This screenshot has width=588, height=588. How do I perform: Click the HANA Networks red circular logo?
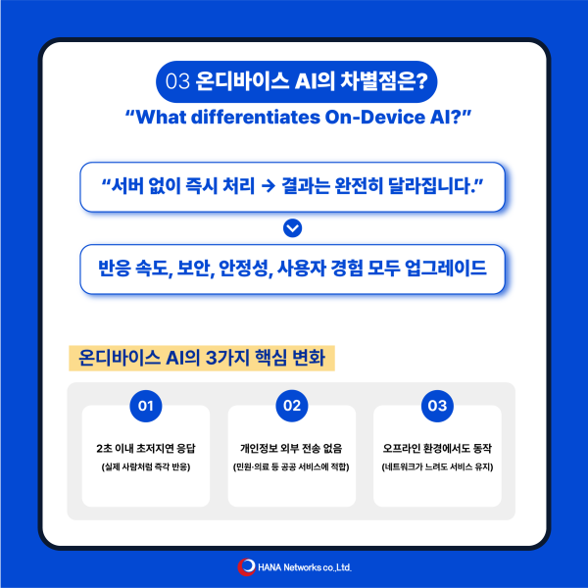(246, 567)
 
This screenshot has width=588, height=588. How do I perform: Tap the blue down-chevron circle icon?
(292, 228)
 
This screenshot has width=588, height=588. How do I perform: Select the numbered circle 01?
(146, 406)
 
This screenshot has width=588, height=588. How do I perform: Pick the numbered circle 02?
(292, 406)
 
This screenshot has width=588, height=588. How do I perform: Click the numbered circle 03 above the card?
(437, 406)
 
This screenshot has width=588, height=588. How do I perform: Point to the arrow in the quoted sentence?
(269, 186)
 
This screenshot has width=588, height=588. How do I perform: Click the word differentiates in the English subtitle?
(256, 117)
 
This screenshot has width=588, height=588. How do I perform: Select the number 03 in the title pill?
(177, 81)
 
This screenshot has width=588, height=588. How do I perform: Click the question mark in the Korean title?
(421, 81)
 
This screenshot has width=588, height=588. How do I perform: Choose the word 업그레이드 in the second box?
(446, 269)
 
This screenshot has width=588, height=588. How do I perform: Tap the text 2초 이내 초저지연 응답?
(146, 449)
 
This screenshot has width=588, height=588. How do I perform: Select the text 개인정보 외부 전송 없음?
(291, 449)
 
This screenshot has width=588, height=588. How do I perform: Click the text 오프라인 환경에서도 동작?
(437, 449)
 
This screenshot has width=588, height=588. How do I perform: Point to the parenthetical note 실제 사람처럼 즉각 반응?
(146, 466)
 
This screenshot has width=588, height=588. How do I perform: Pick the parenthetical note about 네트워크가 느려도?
(437, 466)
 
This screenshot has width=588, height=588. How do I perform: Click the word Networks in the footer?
(302, 567)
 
